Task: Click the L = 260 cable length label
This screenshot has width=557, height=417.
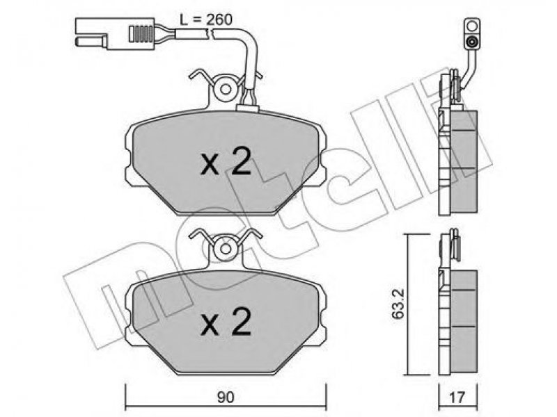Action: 205,19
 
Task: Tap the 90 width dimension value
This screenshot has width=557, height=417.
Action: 226,398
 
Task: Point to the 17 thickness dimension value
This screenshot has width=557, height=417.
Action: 457,398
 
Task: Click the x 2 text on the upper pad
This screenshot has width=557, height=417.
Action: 226,163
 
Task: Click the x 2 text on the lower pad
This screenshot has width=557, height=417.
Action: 226,322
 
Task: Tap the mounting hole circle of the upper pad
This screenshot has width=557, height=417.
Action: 226,89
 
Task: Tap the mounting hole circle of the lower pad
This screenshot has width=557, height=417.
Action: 226,249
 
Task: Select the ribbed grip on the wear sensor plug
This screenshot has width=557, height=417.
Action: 141,34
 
